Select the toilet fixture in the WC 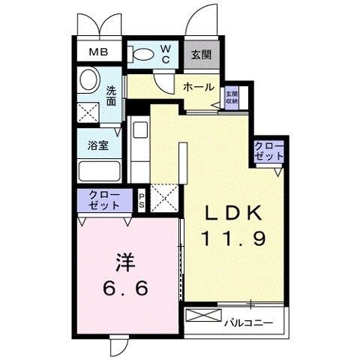point(142,52)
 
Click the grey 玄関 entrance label point(200,54)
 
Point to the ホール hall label point(199,87)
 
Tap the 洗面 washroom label point(111,97)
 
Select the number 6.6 point(125,288)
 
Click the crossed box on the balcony point(202,316)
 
